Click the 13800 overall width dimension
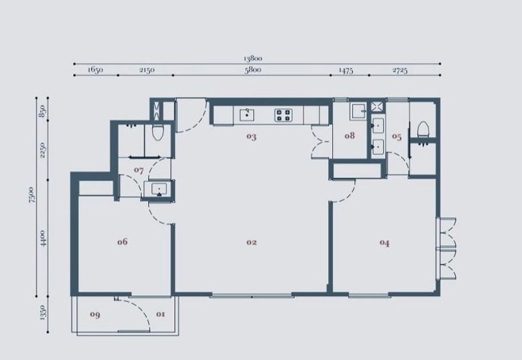coord(253,59)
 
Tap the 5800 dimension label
coord(253,70)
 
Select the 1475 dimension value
coord(346,70)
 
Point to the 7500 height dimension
coord(31,194)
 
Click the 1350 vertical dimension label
coord(42,312)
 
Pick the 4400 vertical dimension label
coord(42,238)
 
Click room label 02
coord(252,242)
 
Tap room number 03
coord(251,136)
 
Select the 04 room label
coord(384,243)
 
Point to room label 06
coord(122,241)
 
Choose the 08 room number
coord(350,136)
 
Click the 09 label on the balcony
coord(95,314)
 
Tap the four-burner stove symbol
coord(284,115)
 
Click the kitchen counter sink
coord(247,115)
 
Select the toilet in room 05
coord(423,129)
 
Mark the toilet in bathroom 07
coord(157,132)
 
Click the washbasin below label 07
coord(159,189)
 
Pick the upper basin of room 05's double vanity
coord(378,125)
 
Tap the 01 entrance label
coord(161,314)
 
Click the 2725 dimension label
coord(400,70)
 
